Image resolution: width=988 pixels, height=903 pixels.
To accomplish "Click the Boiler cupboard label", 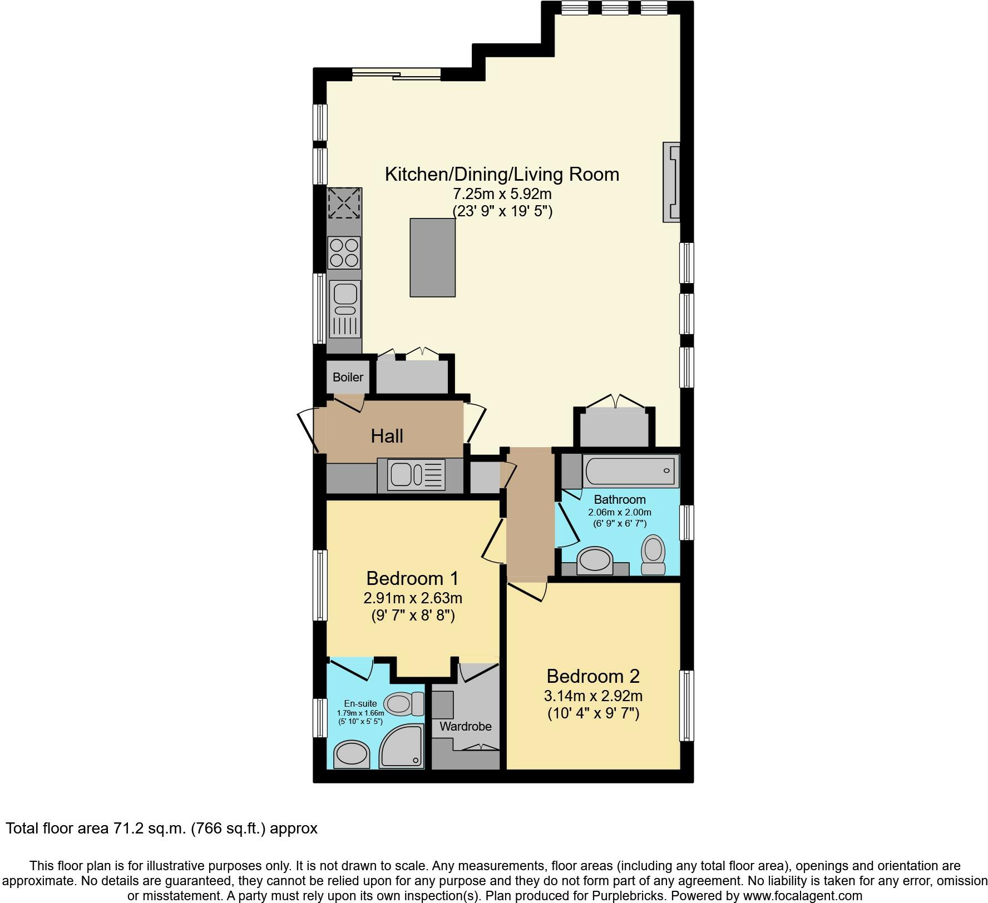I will [348, 377].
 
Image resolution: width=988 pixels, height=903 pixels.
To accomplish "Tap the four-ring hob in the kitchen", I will [344, 252].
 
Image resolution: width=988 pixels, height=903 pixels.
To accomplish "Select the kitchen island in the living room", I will [432, 257].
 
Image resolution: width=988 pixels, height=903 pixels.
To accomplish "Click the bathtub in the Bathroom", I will [630, 470].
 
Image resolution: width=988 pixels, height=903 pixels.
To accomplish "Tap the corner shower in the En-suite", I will [402, 746].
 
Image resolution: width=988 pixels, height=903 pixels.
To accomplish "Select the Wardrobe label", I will [465, 726].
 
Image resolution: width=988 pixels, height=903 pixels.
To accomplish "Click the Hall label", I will [387, 436].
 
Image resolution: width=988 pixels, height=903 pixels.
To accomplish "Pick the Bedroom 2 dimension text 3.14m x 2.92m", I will [593, 696].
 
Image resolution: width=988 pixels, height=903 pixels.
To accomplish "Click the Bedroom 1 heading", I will [412, 578].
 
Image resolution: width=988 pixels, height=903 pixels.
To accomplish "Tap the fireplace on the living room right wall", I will [671, 182].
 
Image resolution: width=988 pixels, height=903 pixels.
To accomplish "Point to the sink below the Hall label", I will [412, 475].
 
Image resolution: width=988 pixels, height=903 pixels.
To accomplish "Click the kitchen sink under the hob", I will [344, 309].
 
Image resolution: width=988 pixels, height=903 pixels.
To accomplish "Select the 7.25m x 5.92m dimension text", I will [502, 194].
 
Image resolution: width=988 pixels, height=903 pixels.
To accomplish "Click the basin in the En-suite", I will [351, 755].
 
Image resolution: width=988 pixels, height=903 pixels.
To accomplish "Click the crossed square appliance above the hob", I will [344, 203].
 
